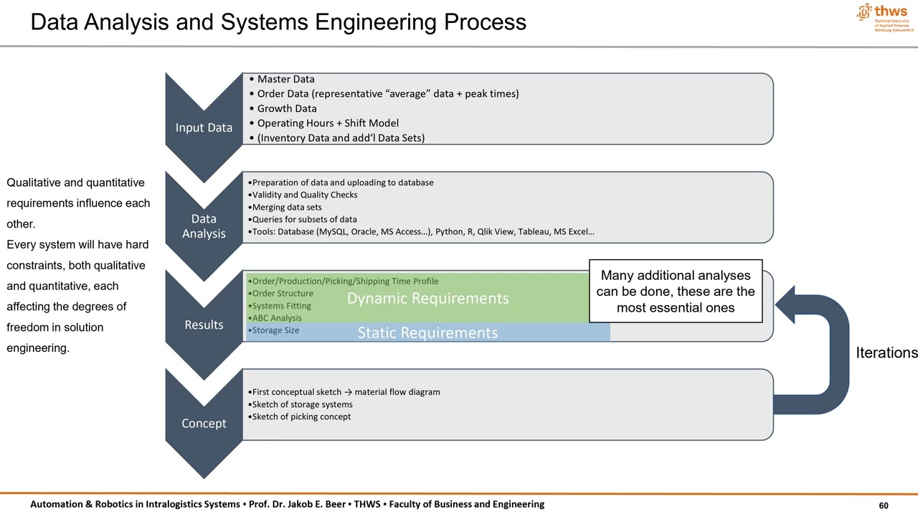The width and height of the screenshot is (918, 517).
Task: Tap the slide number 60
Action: [x=884, y=506]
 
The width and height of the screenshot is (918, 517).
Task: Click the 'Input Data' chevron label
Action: [x=204, y=128]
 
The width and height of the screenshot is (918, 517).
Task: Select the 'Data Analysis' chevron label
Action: [x=204, y=226]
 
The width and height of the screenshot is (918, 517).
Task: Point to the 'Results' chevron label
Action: [x=204, y=325]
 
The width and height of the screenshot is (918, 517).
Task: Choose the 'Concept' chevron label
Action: [x=204, y=423]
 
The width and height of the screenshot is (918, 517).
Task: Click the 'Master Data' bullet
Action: [x=285, y=79]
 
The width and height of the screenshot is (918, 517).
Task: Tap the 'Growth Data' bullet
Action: [x=286, y=108]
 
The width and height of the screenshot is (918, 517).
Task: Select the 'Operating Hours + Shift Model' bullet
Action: [x=327, y=123]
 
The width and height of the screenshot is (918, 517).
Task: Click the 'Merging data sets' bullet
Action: [x=285, y=207]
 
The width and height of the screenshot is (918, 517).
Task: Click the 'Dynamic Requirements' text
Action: [x=427, y=298]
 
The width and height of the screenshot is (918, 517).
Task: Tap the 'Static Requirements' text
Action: [x=427, y=332]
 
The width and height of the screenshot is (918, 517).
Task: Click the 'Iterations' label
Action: [x=886, y=353]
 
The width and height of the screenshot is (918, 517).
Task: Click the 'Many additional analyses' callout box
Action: [x=675, y=291]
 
